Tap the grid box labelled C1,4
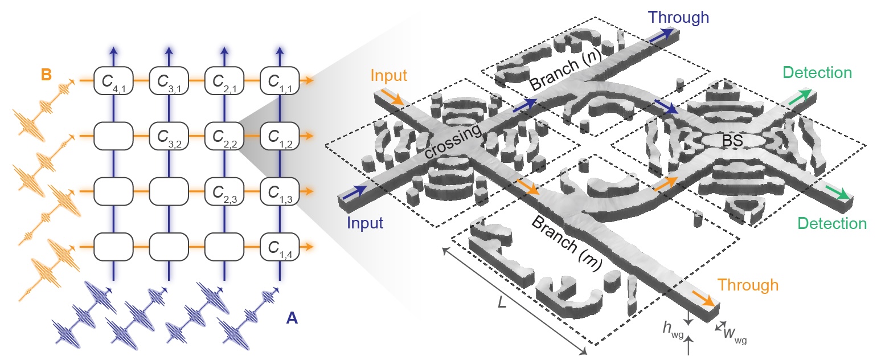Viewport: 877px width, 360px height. (279, 247)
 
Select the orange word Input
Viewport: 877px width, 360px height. (389, 76)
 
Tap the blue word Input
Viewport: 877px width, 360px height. (365, 222)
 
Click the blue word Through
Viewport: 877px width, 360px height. (677, 18)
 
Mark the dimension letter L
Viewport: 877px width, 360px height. (502, 302)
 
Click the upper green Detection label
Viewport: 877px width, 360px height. (817, 73)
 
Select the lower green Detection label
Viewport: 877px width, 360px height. (832, 223)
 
